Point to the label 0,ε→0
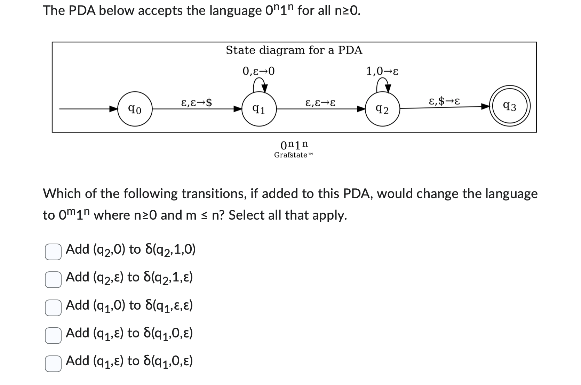pyautogui.click(x=258, y=71)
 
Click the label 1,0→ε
pyautogui.click(x=382, y=71)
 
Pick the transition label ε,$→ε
pyautogui.click(x=444, y=101)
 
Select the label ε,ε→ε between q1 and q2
pyautogui.click(x=320, y=103)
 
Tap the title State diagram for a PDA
pyautogui.click(x=294, y=50)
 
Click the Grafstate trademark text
pyautogui.click(x=293, y=155)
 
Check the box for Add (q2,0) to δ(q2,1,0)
pyautogui.click(x=53, y=252)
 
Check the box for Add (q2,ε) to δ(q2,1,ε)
pyautogui.click(x=53, y=279)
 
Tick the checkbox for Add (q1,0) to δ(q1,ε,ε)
pyautogui.click(x=53, y=308)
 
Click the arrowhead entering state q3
pyautogui.click(x=485, y=107)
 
